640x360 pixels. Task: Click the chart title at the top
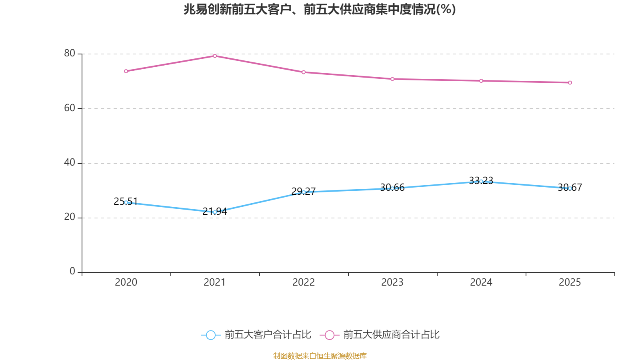click(320, 9)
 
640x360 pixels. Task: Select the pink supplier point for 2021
click(215, 56)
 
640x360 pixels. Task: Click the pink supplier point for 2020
click(126, 71)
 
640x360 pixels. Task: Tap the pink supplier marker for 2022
click(304, 72)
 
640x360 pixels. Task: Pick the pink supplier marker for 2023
click(392, 79)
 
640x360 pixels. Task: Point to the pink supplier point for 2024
click(481, 81)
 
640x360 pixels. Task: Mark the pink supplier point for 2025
click(570, 83)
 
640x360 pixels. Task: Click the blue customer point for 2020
click(126, 202)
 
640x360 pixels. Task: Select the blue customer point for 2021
click(215, 212)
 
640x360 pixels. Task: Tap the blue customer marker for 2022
click(304, 192)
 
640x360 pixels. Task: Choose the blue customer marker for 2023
click(392, 188)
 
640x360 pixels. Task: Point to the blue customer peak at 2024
click(481, 182)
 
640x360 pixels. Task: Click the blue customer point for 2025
click(570, 188)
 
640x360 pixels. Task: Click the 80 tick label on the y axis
click(70, 53)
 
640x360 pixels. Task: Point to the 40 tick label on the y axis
click(70, 162)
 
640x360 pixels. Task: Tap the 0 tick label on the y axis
click(72, 271)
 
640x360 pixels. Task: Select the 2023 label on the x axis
click(392, 282)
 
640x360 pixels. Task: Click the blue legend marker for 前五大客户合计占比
click(211, 335)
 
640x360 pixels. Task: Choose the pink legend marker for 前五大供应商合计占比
click(330, 335)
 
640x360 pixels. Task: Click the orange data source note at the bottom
click(320, 356)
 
